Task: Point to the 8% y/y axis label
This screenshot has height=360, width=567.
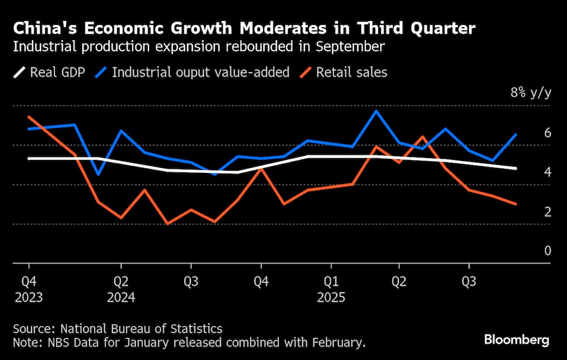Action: [530, 93]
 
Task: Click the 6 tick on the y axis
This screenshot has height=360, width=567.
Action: [547, 133]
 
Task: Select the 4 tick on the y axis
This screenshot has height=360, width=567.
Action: [547, 172]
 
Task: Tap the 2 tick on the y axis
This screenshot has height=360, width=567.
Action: [547, 211]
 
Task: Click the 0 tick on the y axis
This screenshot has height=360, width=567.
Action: [547, 251]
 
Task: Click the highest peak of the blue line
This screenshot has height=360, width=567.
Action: [376, 111]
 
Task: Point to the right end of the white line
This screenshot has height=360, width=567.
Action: [515, 168]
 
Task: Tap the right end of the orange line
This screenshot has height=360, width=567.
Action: [515, 204]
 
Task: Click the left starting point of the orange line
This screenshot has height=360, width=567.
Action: [28, 117]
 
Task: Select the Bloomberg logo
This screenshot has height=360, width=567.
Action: [516, 340]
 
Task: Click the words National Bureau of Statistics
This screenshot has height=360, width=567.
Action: [141, 329]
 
